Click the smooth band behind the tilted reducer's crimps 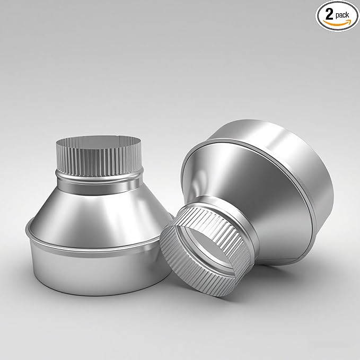223,212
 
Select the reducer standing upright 98,223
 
